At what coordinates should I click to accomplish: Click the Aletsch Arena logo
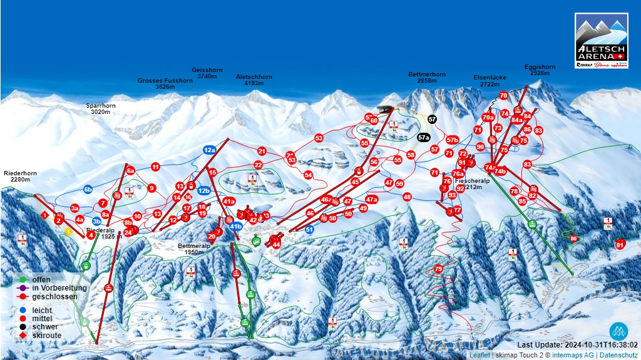pyautogui.click(x=601, y=41)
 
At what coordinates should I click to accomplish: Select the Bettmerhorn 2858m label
pyautogui.click(x=427, y=77)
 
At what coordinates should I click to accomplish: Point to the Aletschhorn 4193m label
pyautogui.click(x=254, y=80)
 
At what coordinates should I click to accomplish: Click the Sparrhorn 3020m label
pyautogui.click(x=101, y=109)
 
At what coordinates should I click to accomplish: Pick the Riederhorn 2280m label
pyautogui.click(x=20, y=176)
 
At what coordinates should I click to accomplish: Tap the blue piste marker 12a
pyautogui.click(x=209, y=150)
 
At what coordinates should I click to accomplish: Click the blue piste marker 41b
pyautogui.click(x=236, y=227)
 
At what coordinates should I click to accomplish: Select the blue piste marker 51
pyautogui.click(x=309, y=230)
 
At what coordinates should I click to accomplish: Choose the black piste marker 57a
pyautogui.click(x=424, y=137)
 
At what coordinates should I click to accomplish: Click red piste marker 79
pyautogui.click(x=438, y=269)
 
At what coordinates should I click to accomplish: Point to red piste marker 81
pyautogui.click(x=620, y=244)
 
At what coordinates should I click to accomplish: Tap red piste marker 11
pyautogui.click(x=155, y=167)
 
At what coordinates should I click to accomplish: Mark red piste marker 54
pyautogui.click(x=308, y=175)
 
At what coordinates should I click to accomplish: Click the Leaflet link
pyautogui.click(x=479, y=355)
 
